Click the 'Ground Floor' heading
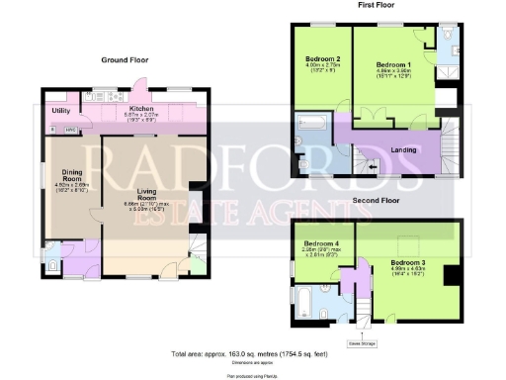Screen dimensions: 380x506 pos(125,60)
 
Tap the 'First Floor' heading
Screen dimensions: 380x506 pos(375,5)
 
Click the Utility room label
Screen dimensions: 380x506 pos(61,111)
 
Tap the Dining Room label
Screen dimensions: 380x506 pos(71,173)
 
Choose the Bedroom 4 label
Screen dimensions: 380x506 pos(321,243)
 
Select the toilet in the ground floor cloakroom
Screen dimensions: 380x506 pos(50,263)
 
